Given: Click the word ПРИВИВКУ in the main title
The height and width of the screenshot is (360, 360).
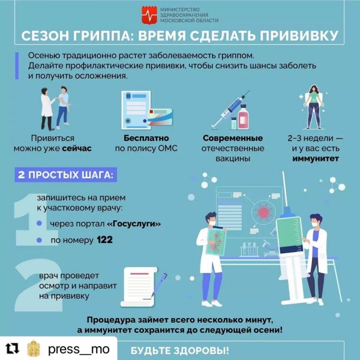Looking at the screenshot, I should coord(296,37).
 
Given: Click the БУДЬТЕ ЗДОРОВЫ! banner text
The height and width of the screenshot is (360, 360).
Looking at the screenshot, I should coord(179,350).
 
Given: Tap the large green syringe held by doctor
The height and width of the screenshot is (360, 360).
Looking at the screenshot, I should coord(288,235).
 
